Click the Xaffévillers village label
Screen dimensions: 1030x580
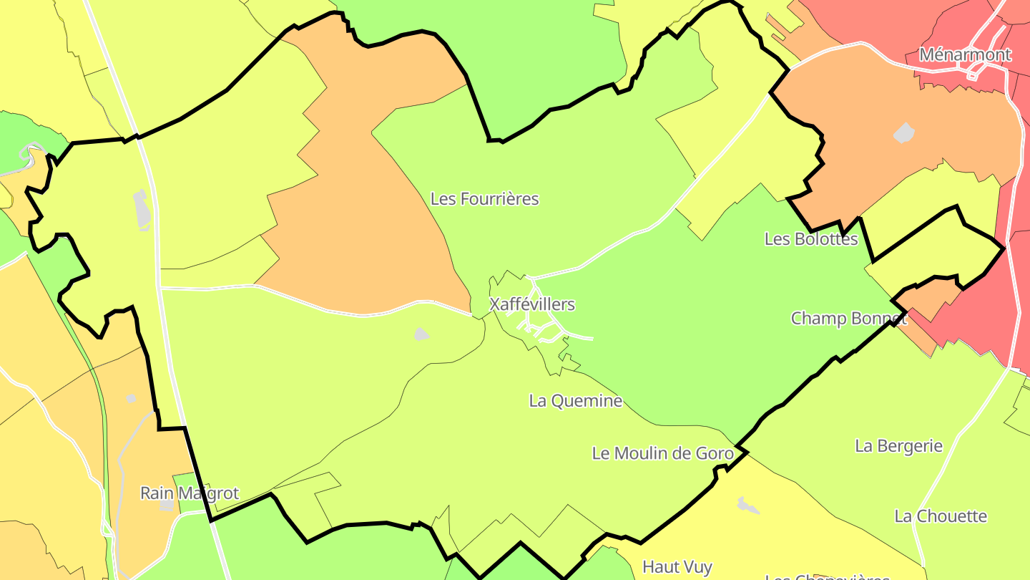[x=531, y=304]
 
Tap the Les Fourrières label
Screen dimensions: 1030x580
[x=484, y=198]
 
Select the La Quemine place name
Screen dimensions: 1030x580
[x=575, y=401]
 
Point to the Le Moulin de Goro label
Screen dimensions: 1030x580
[x=662, y=453]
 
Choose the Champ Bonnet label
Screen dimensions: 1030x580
[x=848, y=318]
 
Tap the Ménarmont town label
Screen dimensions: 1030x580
[x=965, y=54]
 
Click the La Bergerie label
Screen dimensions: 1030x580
[x=898, y=446]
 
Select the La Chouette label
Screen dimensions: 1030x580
[x=940, y=516]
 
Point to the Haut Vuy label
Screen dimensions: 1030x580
[x=677, y=567]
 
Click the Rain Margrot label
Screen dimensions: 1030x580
[x=189, y=493]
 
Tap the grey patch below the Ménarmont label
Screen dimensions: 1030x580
[x=904, y=133]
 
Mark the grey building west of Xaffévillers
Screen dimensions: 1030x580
[x=421, y=334]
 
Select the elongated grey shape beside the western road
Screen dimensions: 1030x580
[x=142, y=209]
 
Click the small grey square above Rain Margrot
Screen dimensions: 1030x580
[x=131, y=398]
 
